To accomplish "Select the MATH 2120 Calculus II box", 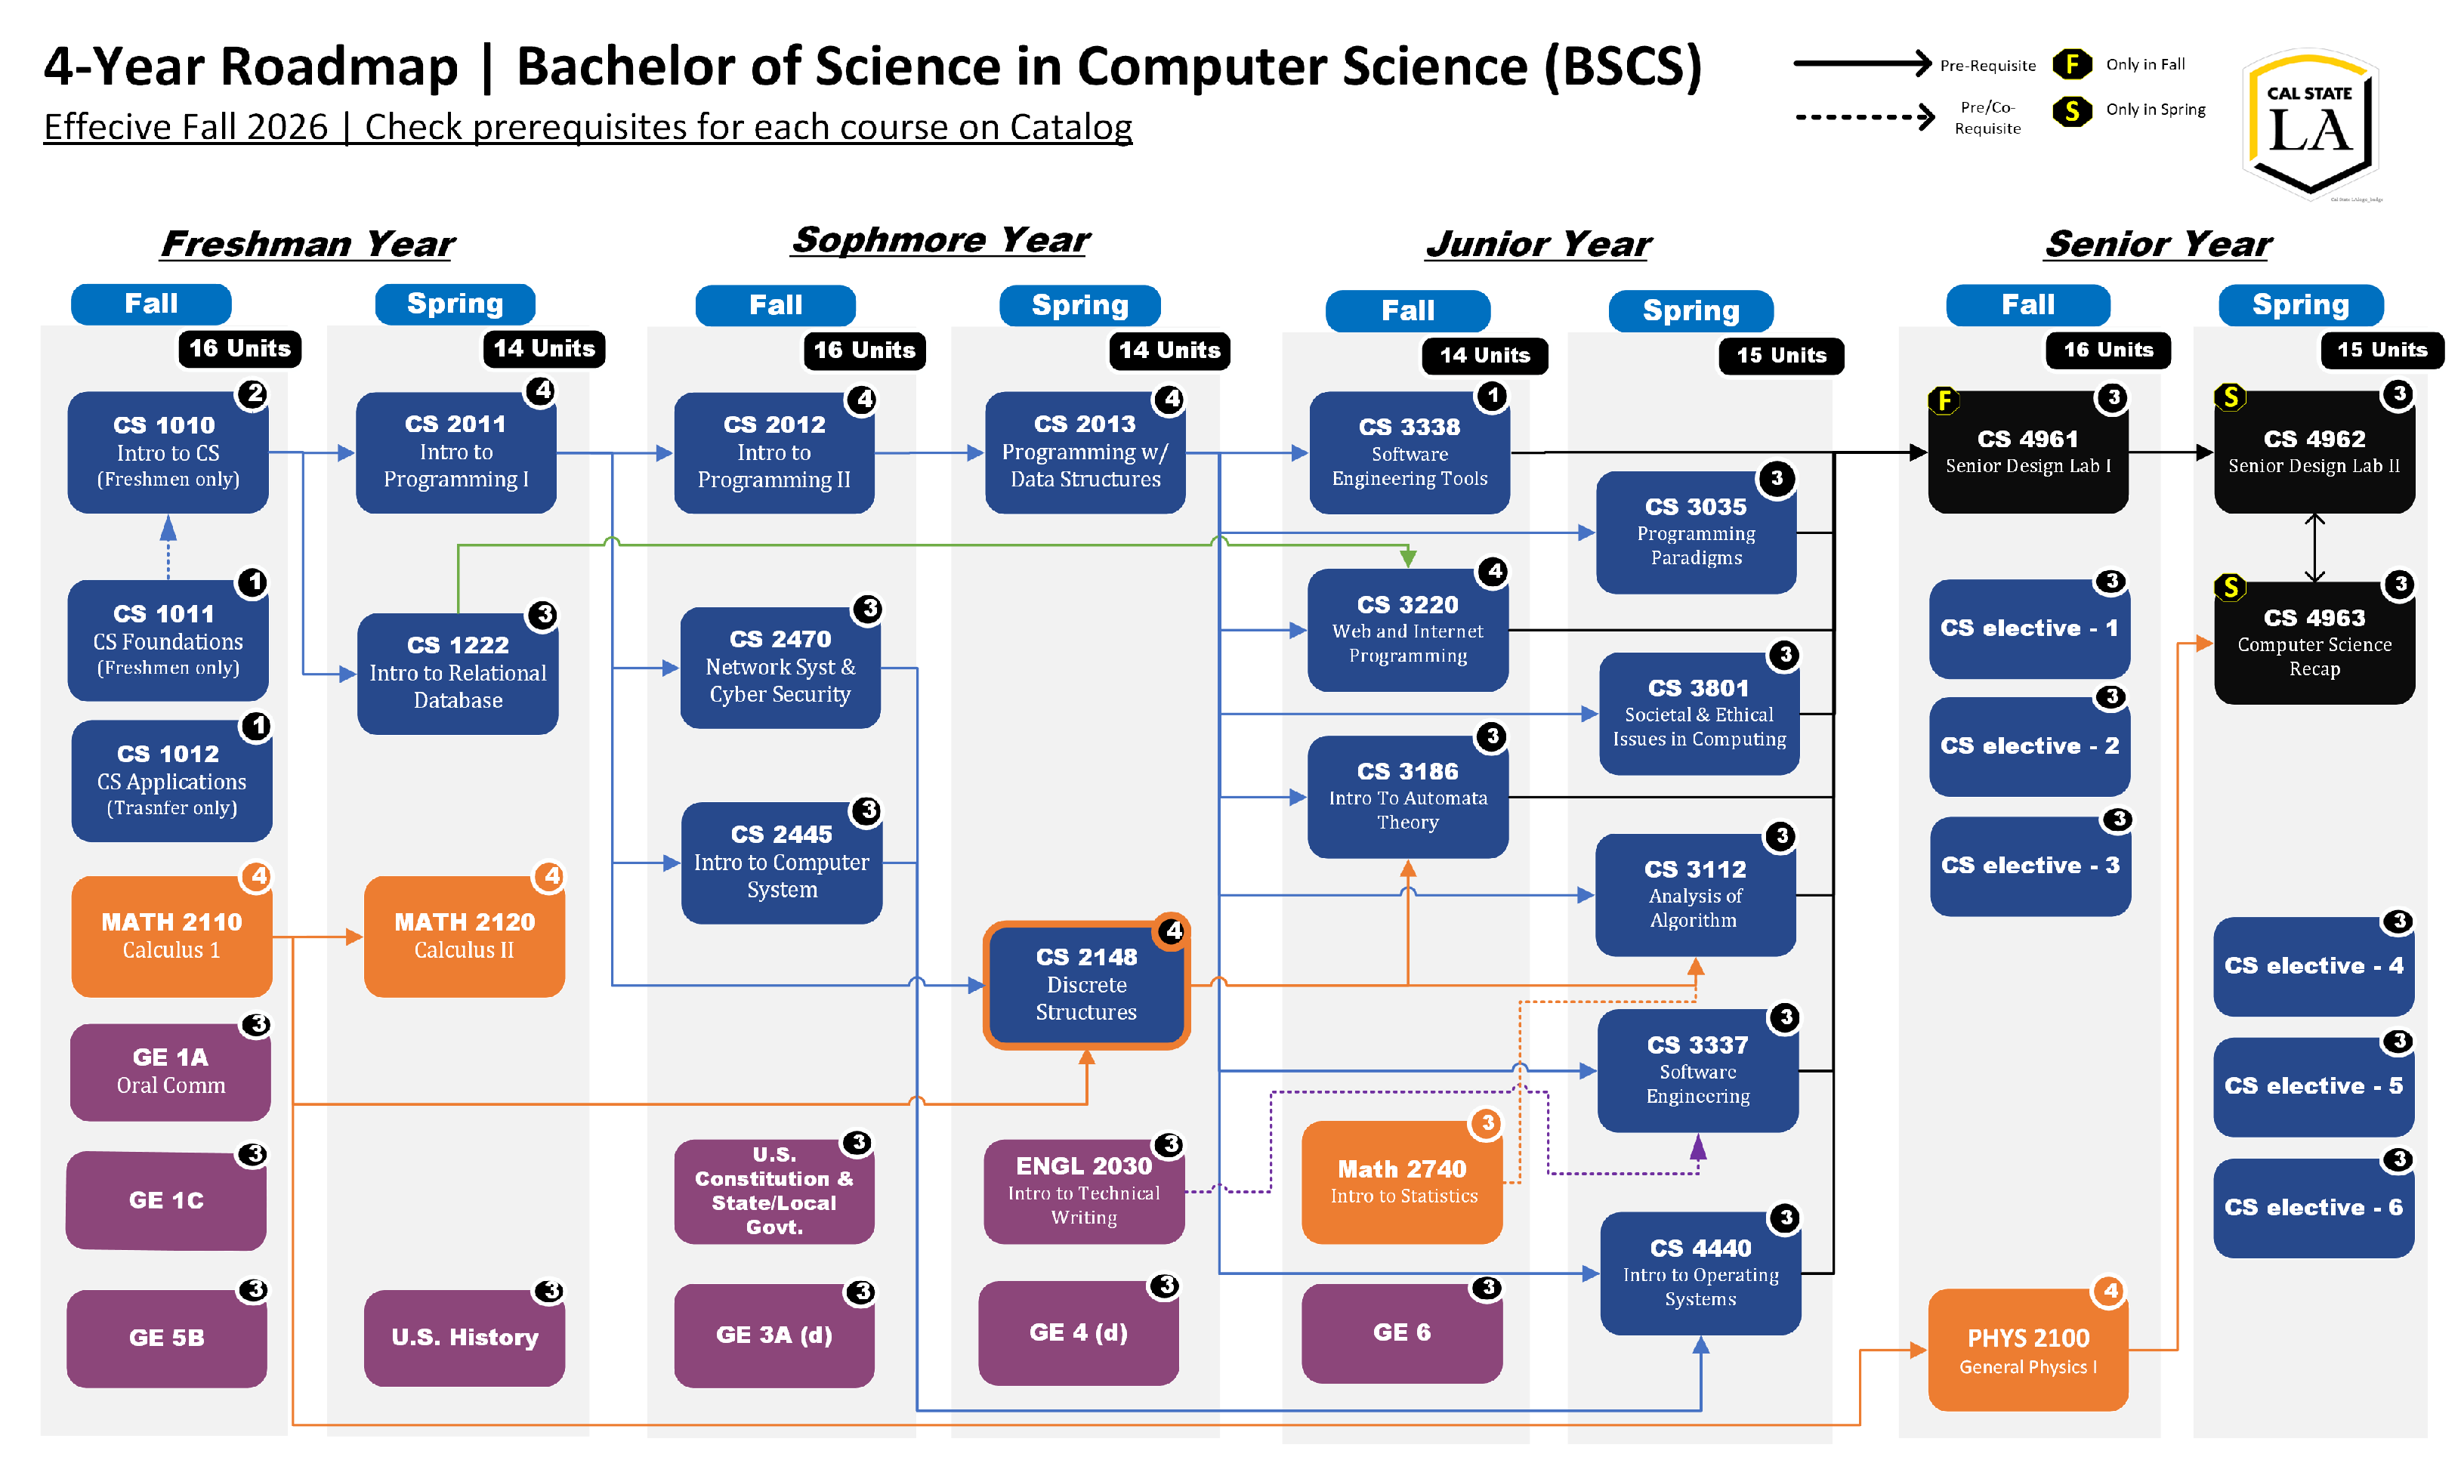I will point(465,937).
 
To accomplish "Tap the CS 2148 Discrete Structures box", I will point(1087,986).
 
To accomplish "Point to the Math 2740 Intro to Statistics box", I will point(1403,1183).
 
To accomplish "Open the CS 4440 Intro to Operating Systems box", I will point(1701,1274).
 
